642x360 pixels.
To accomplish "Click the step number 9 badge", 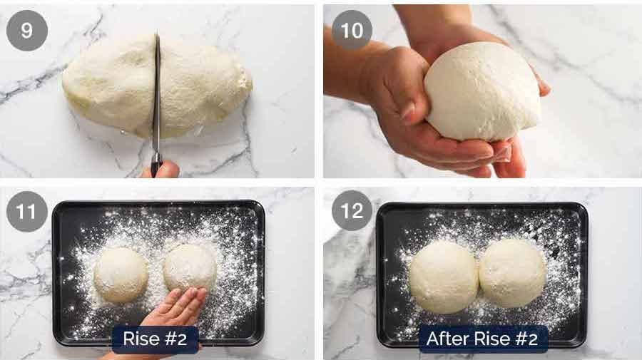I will tap(27, 31).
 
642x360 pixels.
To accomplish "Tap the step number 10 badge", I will tap(352, 31).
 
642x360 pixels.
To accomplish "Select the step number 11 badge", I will tap(27, 212).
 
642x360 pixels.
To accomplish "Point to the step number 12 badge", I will tap(352, 212).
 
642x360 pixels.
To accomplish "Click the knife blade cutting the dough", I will tap(156, 93).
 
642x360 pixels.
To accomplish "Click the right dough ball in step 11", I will tap(190, 267).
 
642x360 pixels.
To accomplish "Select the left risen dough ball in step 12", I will tap(443, 276).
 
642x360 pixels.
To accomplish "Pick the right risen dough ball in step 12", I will tap(512, 272).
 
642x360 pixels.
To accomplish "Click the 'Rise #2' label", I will tap(155, 339).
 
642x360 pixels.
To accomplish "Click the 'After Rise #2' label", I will tap(482, 339).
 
